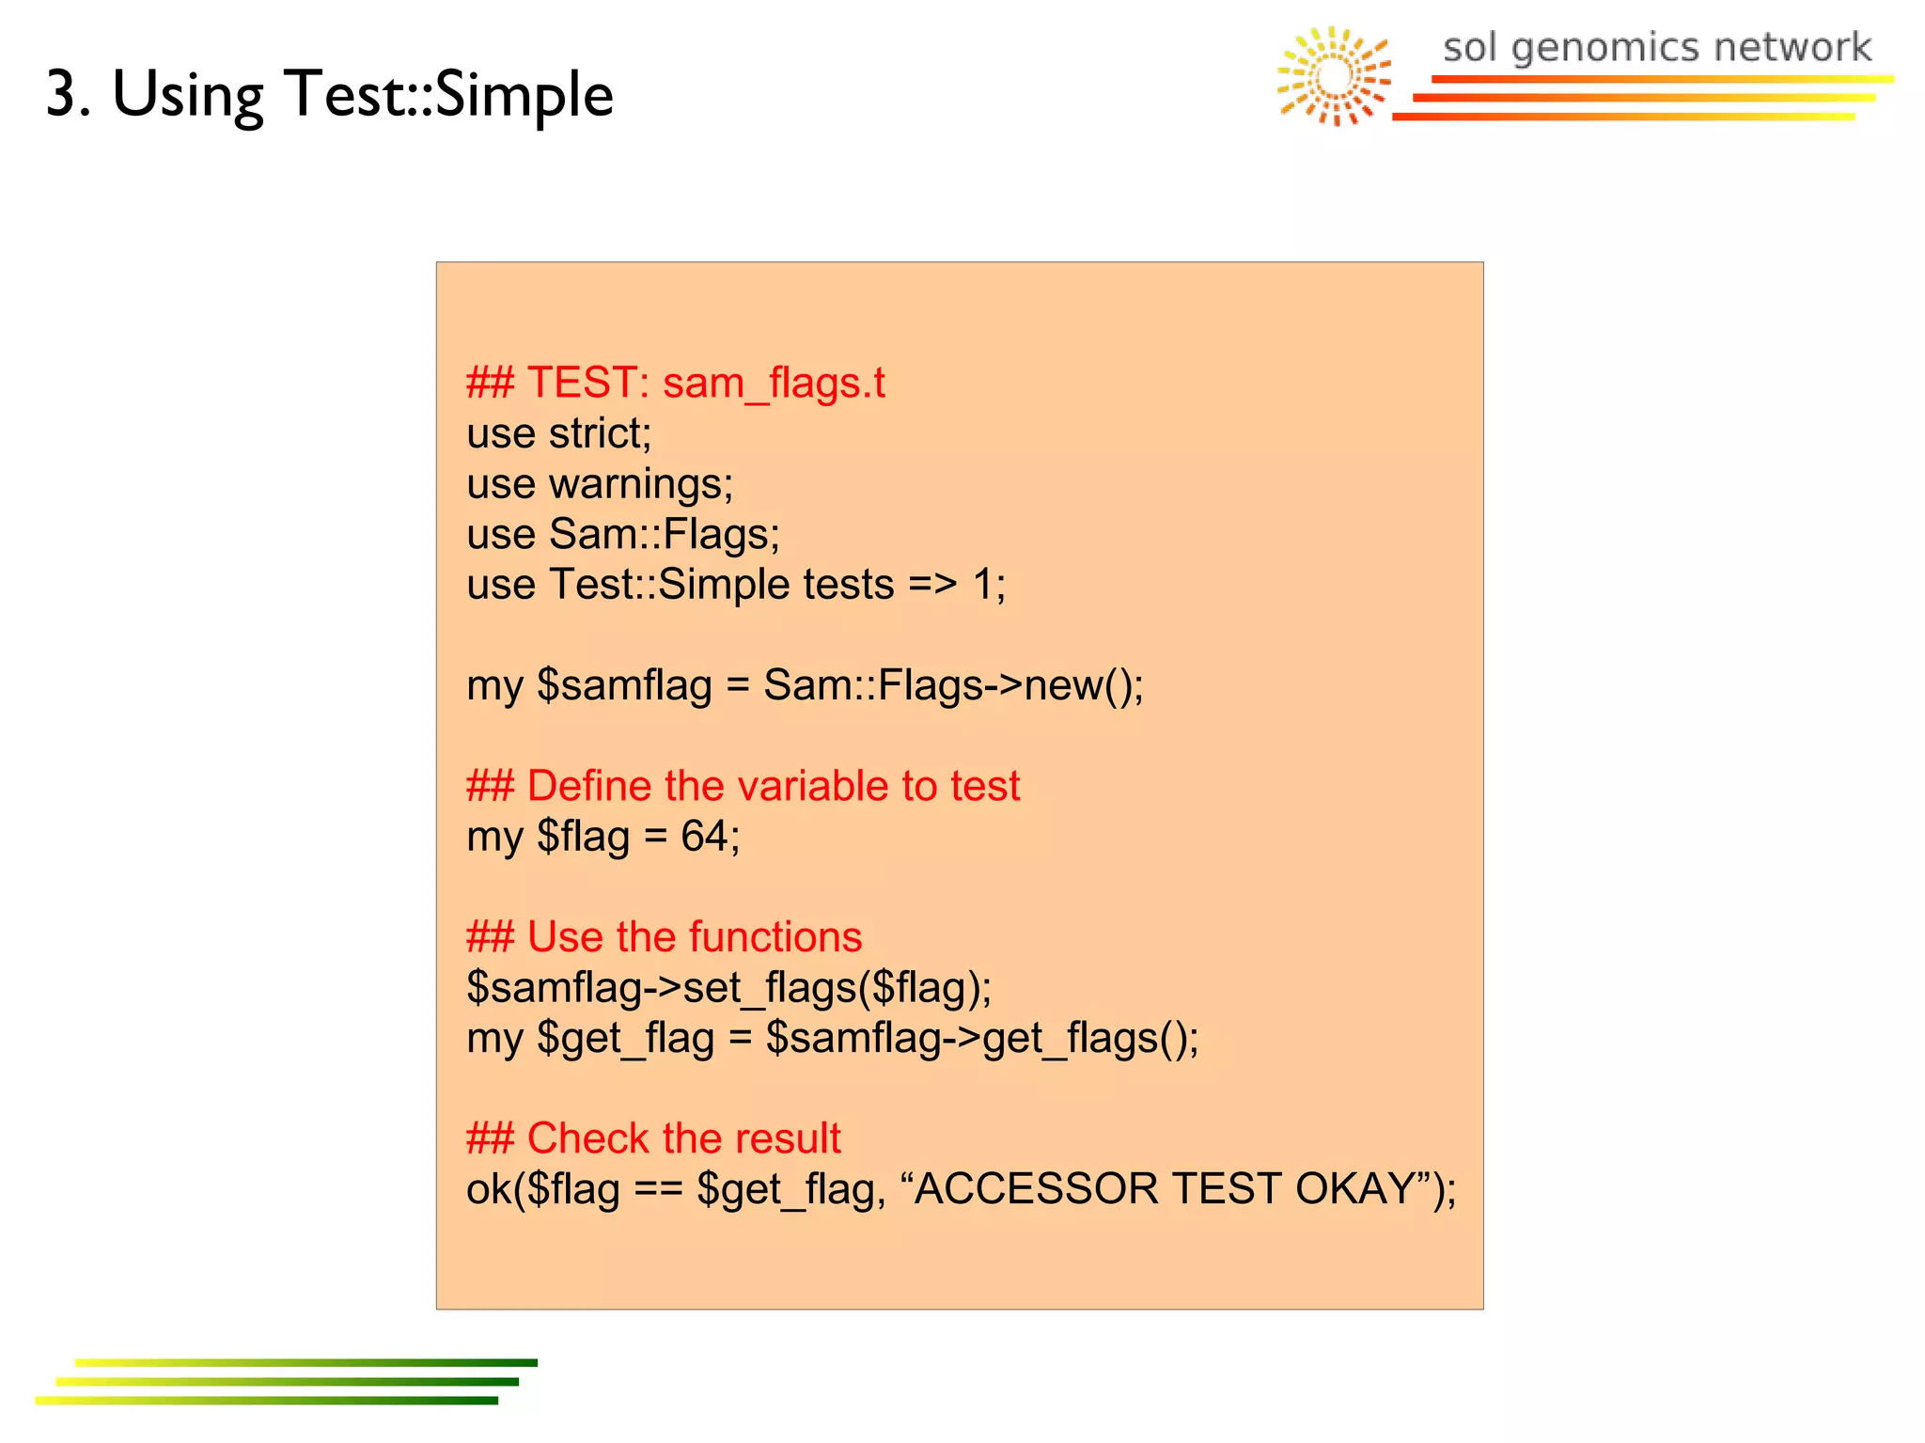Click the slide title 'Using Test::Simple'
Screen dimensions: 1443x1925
[362, 95]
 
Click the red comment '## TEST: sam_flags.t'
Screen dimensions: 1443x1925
[675, 384]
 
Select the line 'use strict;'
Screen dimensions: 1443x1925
[558, 434]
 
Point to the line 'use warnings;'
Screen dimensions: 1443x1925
[600, 484]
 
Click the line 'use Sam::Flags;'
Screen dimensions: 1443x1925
[622, 535]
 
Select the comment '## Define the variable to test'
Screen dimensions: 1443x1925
[743, 786]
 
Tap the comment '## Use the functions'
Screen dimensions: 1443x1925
[664, 937]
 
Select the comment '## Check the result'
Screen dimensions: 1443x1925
[653, 1138]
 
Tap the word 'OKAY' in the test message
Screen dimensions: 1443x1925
[1354, 1189]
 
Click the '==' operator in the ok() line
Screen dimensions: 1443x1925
[658, 1189]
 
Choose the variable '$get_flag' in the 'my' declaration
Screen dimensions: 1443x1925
[625, 1039]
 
